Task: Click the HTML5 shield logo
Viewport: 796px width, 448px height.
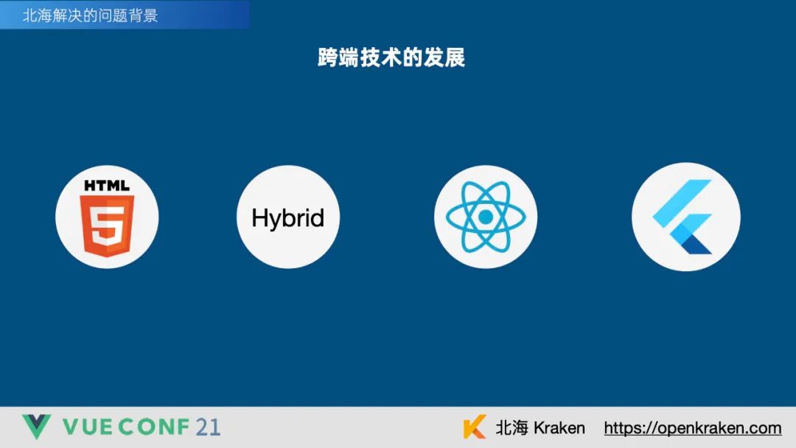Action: click(x=107, y=225)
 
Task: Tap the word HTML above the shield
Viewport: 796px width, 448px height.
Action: click(x=107, y=186)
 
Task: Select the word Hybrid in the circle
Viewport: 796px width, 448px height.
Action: click(x=288, y=218)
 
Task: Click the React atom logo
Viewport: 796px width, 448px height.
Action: click(x=486, y=217)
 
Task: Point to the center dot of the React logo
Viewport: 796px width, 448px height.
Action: click(x=486, y=217)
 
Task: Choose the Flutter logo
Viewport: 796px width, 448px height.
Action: click(x=683, y=217)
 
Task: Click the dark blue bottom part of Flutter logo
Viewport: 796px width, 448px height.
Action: click(x=696, y=245)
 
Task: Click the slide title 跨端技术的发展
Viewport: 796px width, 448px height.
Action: click(x=391, y=57)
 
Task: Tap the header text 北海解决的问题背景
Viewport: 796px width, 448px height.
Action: click(x=91, y=15)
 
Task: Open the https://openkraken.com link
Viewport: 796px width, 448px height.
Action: click(x=692, y=428)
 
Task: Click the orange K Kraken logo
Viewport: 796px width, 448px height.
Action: click(x=475, y=427)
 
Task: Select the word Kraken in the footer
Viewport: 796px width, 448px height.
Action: click(x=559, y=428)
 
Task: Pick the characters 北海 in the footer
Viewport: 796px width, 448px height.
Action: click(x=512, y=427)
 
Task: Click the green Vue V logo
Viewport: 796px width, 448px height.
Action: click(x=36, y=426)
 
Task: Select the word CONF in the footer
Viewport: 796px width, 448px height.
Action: click(x=156, y=427)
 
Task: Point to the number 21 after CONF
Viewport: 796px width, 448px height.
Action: click(x=208, y=427)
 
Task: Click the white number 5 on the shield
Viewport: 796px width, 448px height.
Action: click(x=107, y=227)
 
